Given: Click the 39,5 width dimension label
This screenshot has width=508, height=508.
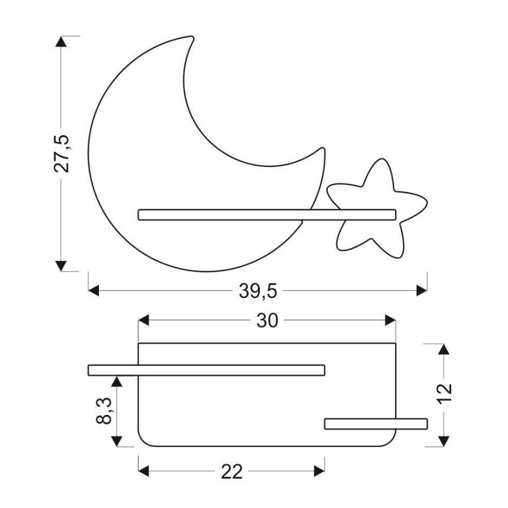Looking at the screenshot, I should tap(258, 291).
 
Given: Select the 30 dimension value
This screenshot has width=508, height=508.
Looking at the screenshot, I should tap(267, 321).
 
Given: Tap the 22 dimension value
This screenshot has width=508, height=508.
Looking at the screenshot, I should tap(232, 472).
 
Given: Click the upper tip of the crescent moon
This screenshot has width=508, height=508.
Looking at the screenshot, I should tap(189, 39).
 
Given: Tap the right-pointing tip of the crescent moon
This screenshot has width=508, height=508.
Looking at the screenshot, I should tap(321, 150).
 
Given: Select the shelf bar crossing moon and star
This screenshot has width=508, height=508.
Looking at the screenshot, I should tap(267, 215).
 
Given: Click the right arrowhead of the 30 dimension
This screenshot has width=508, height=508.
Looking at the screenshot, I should tap(390, 321).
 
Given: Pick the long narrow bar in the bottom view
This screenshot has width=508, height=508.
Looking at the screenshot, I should tap(206, 369).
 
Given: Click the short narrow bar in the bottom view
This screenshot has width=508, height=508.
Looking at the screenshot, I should tap(376, 424).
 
